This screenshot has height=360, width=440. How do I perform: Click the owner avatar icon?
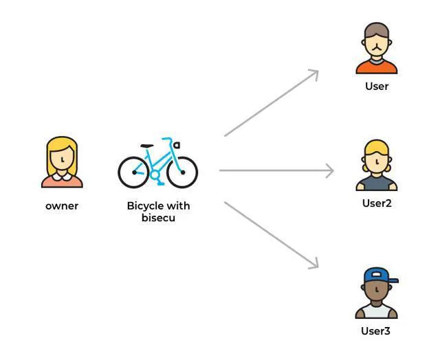62,162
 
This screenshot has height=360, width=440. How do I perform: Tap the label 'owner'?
62,205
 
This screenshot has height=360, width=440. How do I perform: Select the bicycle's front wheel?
181,172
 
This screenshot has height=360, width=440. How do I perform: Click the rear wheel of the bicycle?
133,172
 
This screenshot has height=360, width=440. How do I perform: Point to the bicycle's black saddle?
146,146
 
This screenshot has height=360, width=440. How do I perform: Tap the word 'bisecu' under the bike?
158,218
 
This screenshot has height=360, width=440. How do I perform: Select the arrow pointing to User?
271,103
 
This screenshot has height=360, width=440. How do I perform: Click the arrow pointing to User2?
275,170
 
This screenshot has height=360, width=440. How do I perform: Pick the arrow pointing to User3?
271,234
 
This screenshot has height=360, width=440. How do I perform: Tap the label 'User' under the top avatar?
377,86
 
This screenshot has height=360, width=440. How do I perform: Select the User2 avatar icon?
376,166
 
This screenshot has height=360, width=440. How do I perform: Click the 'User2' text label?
377,203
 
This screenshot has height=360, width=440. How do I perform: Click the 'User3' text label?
376,330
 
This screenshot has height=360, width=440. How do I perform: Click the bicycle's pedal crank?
155,176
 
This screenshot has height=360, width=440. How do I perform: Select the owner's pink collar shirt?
62,181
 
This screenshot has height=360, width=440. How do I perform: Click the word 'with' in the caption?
178,205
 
